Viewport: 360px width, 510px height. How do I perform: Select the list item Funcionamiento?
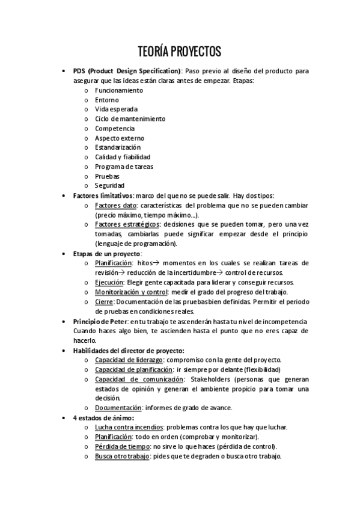coord(119,90)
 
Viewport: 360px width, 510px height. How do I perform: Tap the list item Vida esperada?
coord(116,109)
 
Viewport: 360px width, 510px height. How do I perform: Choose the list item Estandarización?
coord(118,147)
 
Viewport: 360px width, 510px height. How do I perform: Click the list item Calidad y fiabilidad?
coord(122,157)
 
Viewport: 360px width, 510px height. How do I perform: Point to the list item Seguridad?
coord(110,186)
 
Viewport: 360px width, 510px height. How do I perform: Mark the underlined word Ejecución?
coord(109,282)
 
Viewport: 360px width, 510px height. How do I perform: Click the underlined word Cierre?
coord(104,301)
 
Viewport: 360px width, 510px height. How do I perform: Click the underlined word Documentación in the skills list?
coord(118,408)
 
